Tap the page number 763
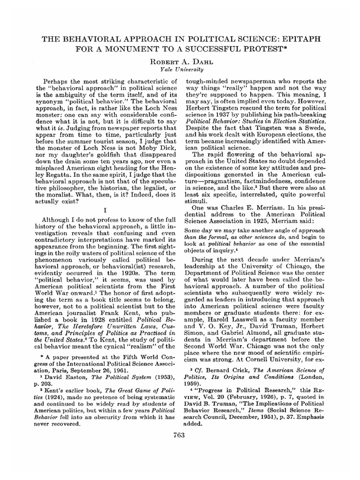tap(180, 435)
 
